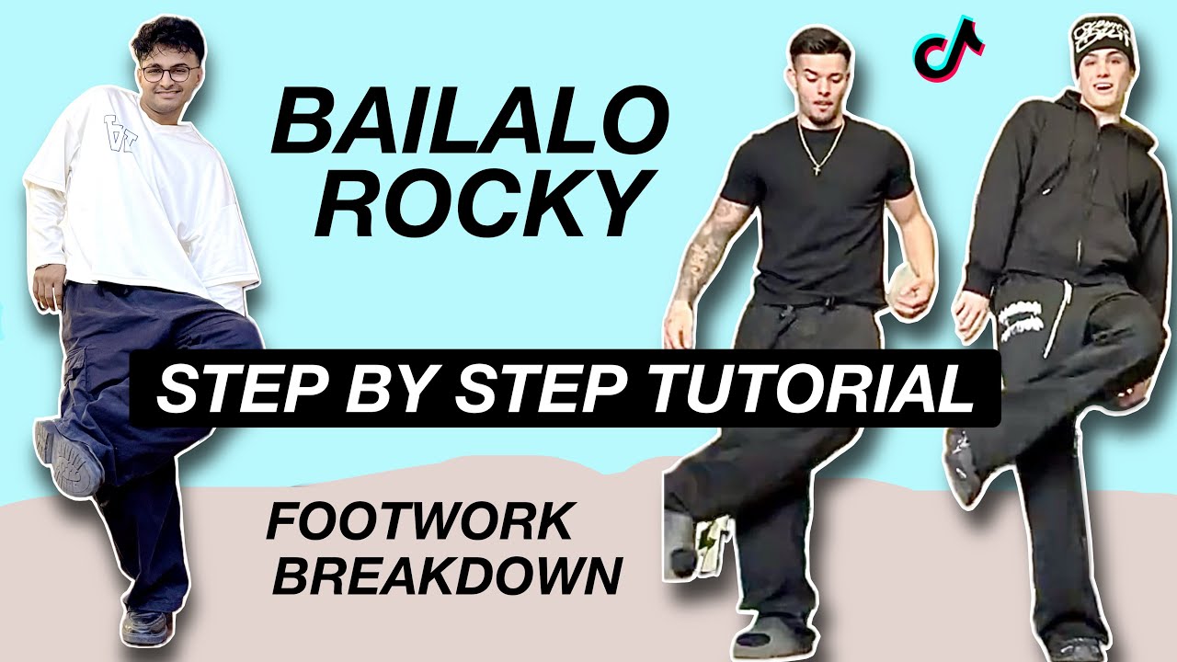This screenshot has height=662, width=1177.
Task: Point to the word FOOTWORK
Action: click(418, 523)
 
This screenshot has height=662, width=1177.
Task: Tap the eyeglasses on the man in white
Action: click(167, 74)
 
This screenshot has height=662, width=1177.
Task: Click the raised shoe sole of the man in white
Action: click(69, 457)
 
